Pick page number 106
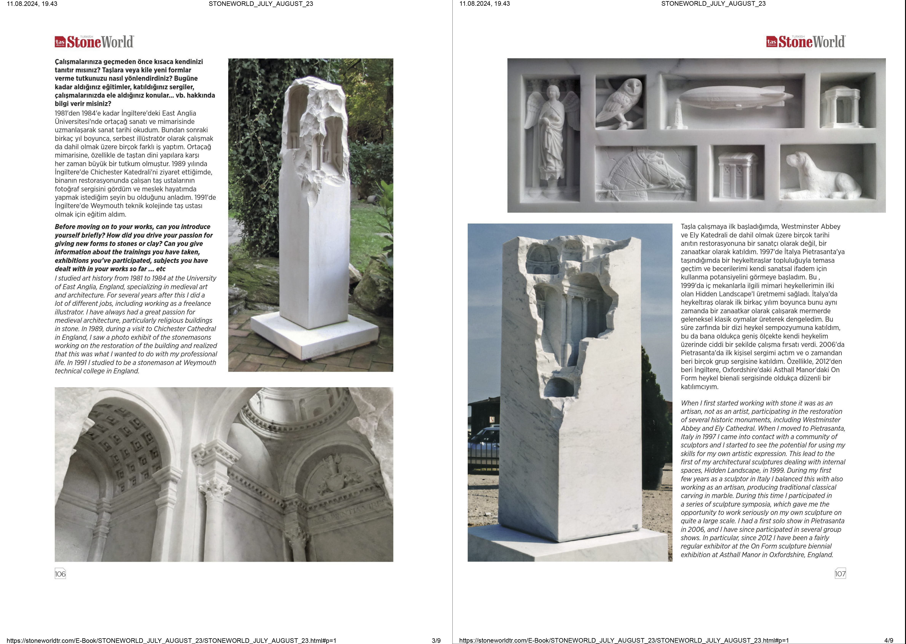pyautogui.click(x=60, y=574)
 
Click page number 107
pyautogui.click(x=840, y=574)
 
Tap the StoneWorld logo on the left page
pyautogui.click(x=94, y=42)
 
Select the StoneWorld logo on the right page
pyautogui.click(x=806, y=42)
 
